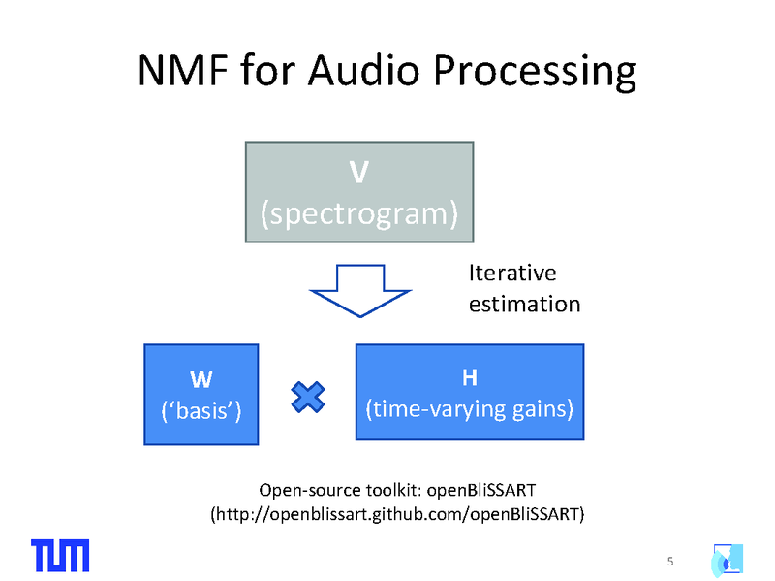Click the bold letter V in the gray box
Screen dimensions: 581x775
(358, 173)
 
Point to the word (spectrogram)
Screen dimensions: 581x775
(358, 212)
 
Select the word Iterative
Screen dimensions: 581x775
(512, 274)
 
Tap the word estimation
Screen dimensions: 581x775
(524, 304)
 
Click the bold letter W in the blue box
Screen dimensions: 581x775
(201, 376)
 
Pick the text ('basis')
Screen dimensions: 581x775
(201, 409)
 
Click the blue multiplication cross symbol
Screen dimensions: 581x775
(308, 396)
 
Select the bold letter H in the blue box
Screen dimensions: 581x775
(470, 376)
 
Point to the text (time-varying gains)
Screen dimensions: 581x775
(470, 408)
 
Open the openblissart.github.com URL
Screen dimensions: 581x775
(397, 512)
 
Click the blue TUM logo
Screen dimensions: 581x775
(60, 554)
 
